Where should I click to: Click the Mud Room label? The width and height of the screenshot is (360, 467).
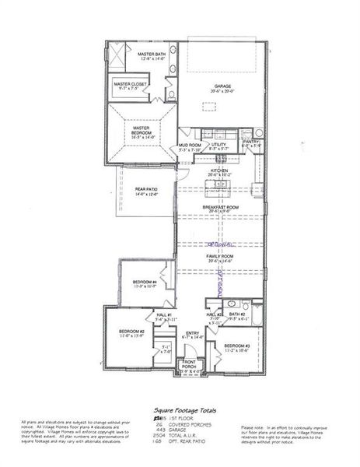click(x=190, y=145)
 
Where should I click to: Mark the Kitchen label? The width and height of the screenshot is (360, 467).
click(x=218, y=170)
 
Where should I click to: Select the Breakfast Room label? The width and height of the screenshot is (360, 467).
click(x=223, y=207)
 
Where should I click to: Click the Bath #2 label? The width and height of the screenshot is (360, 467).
click(x=237, y=314)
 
